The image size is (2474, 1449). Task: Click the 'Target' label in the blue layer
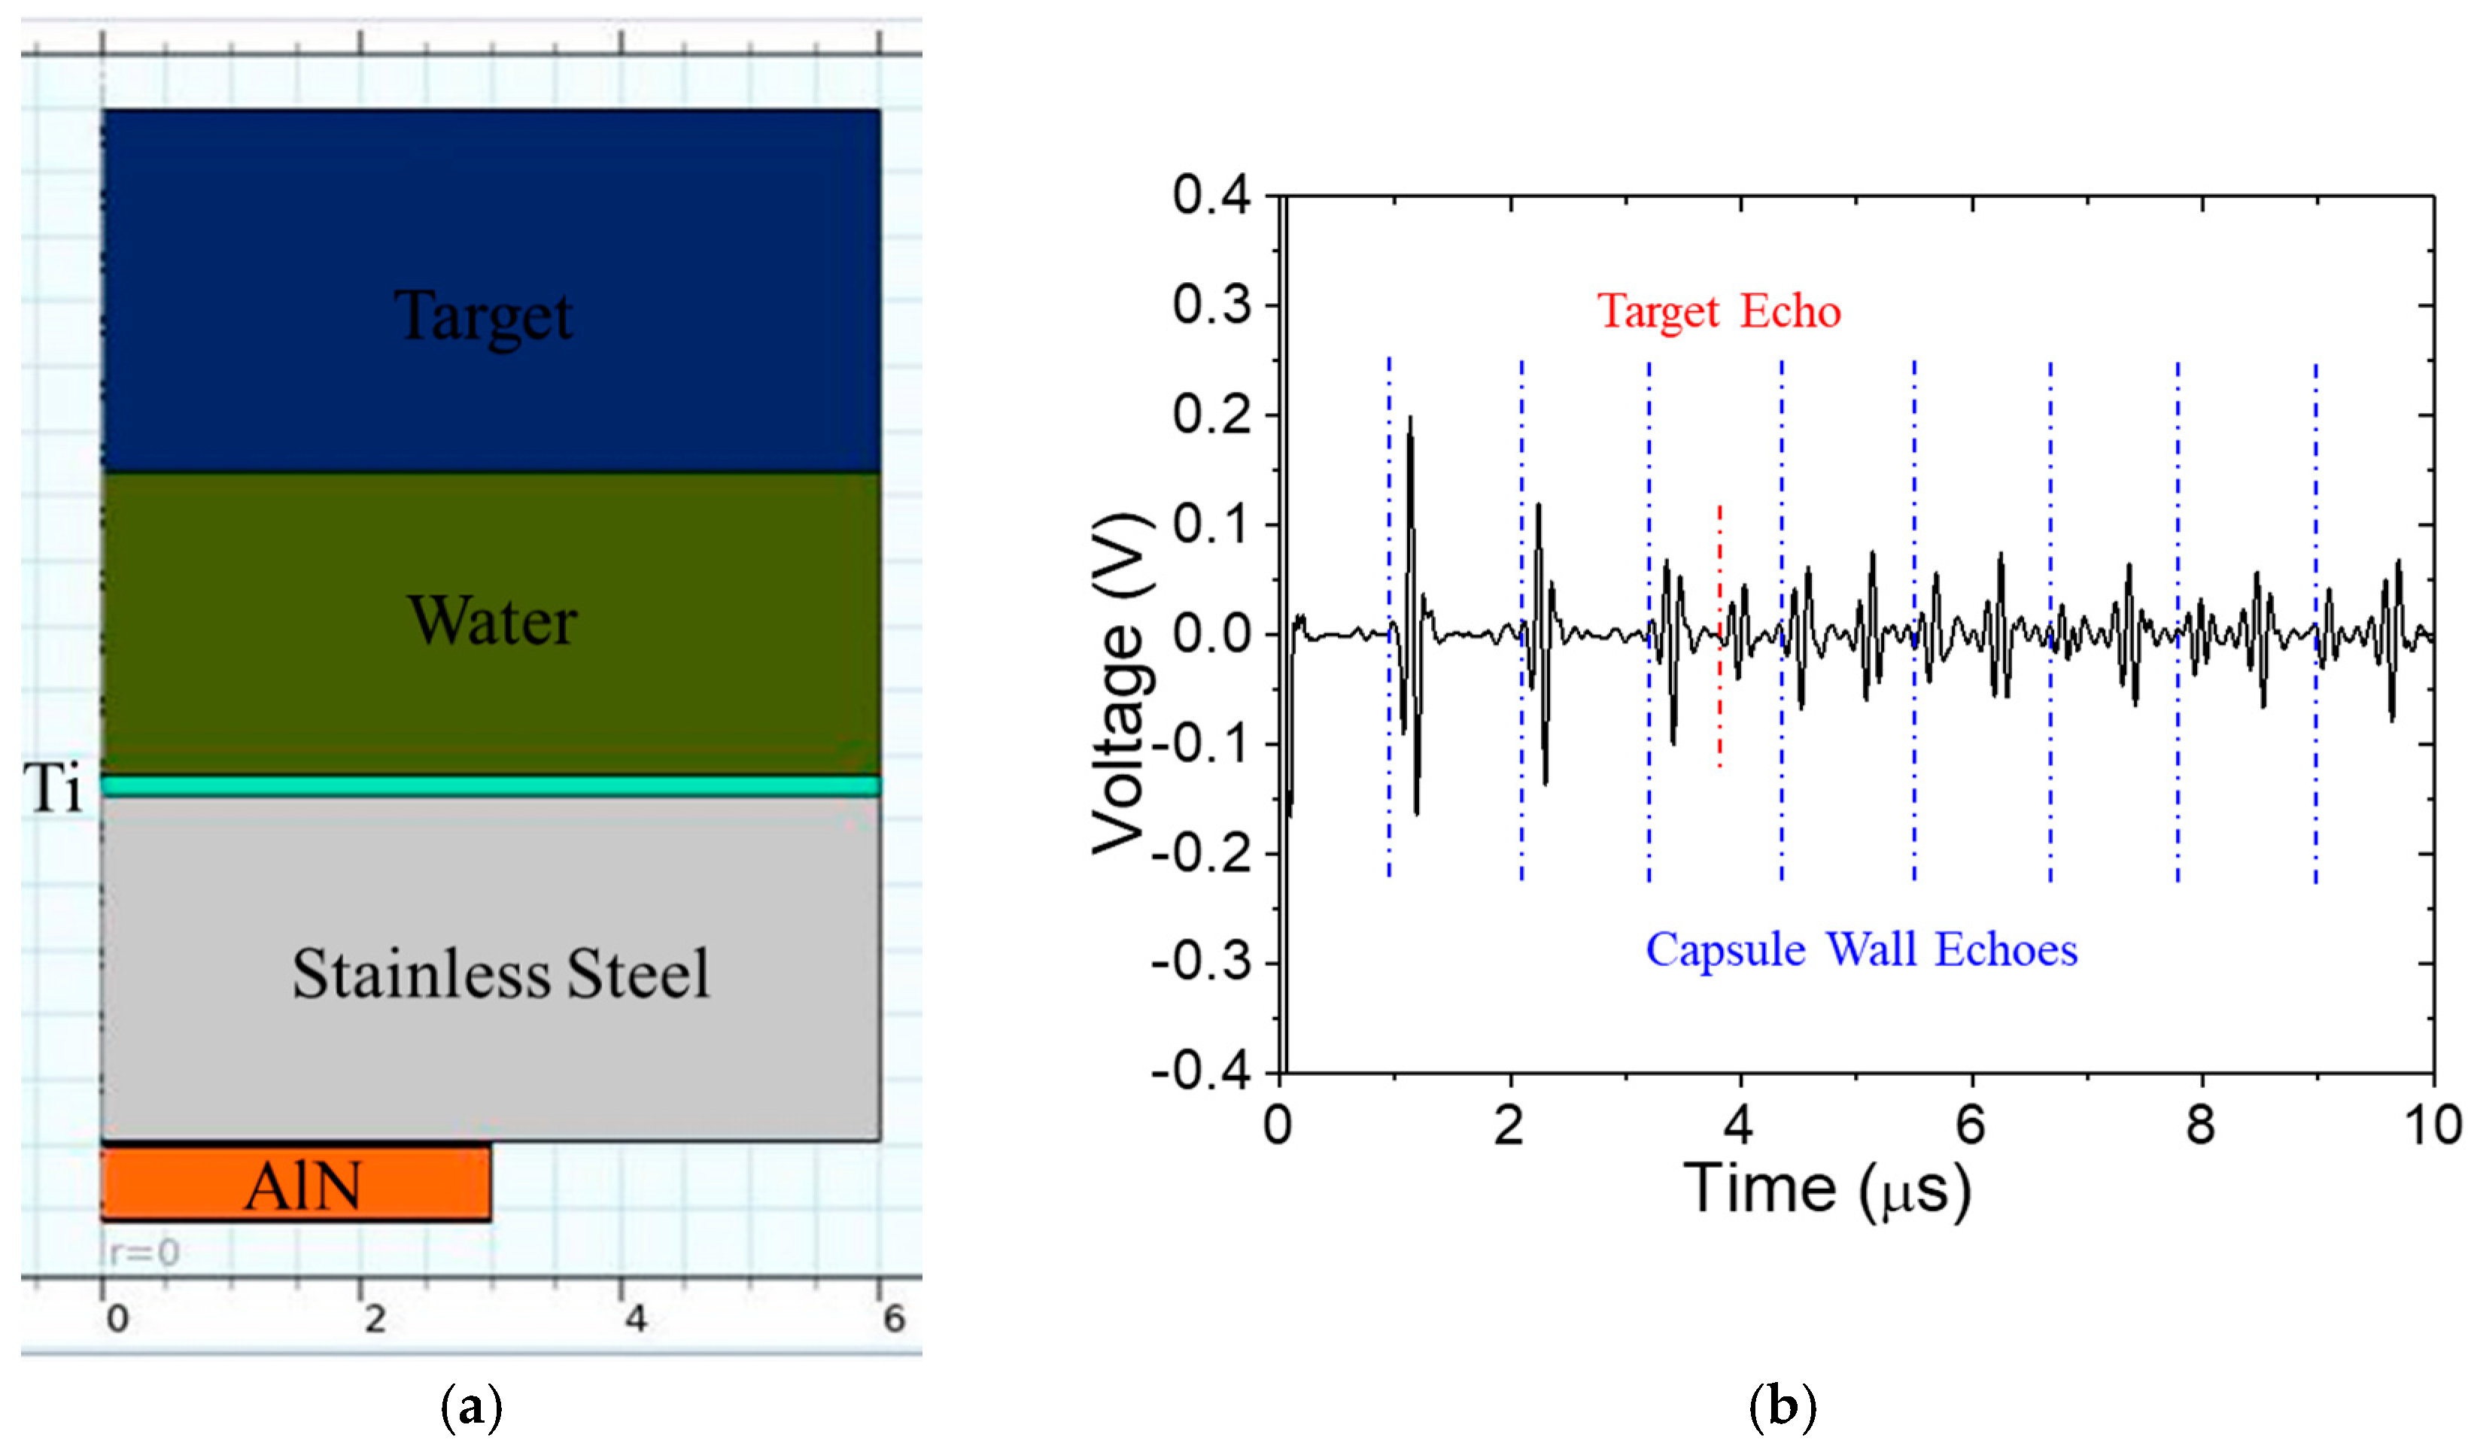click(483, 316)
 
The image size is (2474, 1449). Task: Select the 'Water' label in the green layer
click(493, 621)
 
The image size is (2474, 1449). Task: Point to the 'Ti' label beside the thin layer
click(55, 788)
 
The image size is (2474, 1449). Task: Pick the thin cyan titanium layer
click(491, 786)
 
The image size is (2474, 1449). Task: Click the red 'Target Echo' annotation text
click(1718, 311)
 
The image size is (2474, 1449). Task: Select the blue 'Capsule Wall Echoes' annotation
click(1862, 949)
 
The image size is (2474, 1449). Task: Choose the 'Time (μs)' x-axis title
click(1827, 1191)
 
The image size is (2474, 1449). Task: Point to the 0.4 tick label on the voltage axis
click(1211, 196)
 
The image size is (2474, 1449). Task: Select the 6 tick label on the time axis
click(1971, 1125)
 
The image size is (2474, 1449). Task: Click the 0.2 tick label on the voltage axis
click(1211, 415)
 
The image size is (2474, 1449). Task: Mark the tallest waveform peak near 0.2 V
click(1411, 418)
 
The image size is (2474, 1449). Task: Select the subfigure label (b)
click(1782, 1408)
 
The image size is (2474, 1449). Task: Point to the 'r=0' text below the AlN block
click(143, 1253)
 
